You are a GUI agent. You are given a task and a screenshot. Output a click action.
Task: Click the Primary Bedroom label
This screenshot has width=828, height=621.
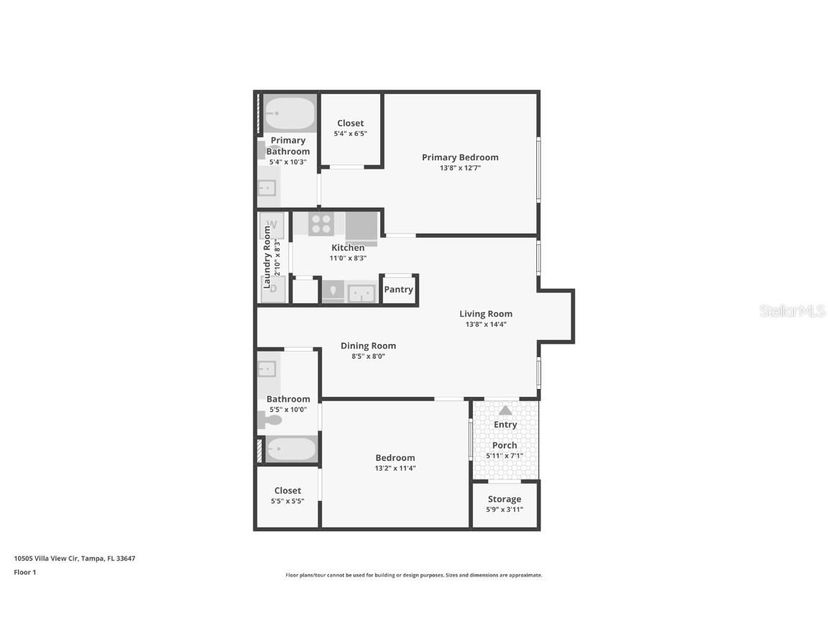coord(460,157)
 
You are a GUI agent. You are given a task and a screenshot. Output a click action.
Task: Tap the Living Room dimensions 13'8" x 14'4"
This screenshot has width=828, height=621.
coord(486,324)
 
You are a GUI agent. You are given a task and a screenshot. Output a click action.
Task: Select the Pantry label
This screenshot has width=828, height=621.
coord(398,290)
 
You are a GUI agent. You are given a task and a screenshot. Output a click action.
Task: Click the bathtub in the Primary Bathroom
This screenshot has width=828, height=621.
coord(290,114)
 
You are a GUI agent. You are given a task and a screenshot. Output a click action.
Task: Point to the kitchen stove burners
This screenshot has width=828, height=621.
coord(321,224)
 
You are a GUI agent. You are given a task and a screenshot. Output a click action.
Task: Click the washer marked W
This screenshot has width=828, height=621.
coord(272,225)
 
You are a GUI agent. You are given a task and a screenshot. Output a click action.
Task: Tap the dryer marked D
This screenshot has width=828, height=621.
coord(272,289)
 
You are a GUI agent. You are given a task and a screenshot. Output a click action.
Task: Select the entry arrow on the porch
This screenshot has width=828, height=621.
coord(505,410)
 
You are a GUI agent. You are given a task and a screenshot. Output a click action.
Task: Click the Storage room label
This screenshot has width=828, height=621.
coord(505,499)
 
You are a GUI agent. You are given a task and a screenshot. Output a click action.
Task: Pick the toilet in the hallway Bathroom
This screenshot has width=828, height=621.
coord(271,420)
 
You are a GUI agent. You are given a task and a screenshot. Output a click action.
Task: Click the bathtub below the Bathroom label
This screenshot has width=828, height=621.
coord(290,449)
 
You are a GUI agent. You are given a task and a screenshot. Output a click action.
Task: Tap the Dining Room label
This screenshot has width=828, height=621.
coord(368,346)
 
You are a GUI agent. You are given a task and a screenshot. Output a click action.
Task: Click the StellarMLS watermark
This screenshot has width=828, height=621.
coord(792,311)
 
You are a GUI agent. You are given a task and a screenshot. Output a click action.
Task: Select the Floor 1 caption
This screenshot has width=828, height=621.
coord(24,573)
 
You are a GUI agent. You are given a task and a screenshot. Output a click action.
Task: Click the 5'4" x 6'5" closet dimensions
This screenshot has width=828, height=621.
coord(351,134)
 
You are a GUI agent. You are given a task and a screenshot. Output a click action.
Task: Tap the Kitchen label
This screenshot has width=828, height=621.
coord(348,248)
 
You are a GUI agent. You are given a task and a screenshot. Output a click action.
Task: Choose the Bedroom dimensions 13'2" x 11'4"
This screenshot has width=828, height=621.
coord(395,468)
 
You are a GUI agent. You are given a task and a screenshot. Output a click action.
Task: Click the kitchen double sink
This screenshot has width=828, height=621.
coord(361,293)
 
